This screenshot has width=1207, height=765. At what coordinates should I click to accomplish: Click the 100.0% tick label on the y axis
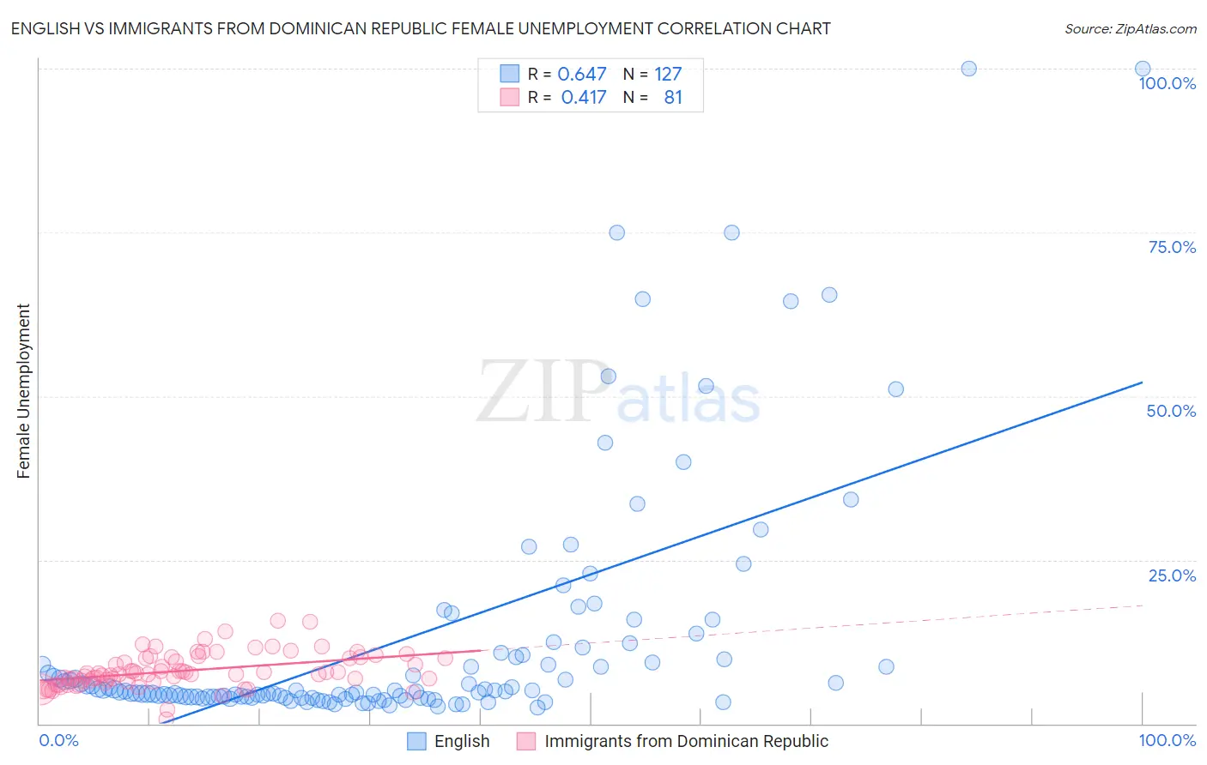(1167, 83)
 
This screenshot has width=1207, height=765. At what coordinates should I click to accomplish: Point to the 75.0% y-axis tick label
(1172, 247)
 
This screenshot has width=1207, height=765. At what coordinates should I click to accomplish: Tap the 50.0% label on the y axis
(1171, 411)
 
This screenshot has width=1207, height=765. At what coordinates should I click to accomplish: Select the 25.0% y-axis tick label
(1172, 575)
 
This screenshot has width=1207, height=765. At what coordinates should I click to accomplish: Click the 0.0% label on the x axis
(58, 740)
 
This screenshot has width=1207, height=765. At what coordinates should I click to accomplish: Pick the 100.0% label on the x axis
(1167, 740)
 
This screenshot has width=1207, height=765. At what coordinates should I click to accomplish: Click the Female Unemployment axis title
(23, 391)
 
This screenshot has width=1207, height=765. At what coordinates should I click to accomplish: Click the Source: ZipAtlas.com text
(1130, 28)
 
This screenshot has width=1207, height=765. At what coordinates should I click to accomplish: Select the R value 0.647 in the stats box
(582, 75)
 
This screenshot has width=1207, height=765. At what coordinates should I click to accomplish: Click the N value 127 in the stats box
(668, 75)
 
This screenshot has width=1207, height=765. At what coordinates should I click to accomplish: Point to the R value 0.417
(584, 98)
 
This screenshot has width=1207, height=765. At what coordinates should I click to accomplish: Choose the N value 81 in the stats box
(673, 98)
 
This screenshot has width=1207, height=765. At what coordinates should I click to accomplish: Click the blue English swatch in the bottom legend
(416, 741)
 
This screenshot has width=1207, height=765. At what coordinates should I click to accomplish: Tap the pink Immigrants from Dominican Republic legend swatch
(526, 741)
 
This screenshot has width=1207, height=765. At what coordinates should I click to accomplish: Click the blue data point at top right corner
(1143, 69)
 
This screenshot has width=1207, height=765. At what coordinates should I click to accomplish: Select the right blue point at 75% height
(731, 232)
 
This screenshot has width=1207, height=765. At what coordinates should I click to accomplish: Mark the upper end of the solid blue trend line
(1143, 382)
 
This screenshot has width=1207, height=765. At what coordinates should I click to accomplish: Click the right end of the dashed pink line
(1143, 605)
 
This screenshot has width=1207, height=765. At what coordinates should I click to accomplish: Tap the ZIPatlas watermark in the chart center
(618, 393)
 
